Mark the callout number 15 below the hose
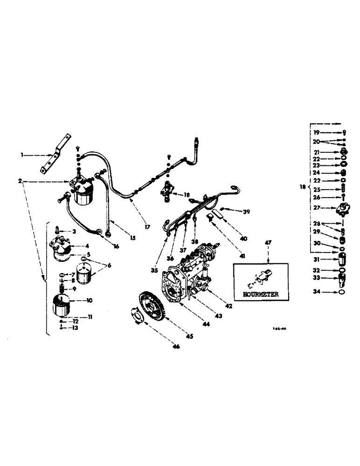point(133,238)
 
